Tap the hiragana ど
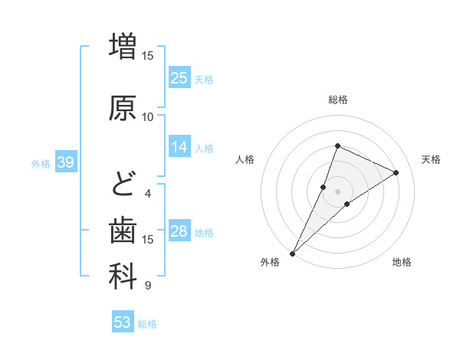pos(123,185)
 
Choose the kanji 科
pos(123,277)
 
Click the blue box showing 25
pos(179,77)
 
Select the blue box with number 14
pos(179,147)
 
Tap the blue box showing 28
pos(179,231)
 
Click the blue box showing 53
pos(123,322)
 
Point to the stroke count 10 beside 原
pos(148,117)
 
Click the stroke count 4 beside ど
pos(148,194)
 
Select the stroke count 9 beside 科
pos(148,286)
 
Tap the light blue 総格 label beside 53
pos(147,324)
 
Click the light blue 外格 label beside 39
pos(41,163)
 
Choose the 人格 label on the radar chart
pos(245,159)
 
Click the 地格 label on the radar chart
pos(402,262)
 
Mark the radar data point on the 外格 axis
pos(293,253)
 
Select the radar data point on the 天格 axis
pos(396,172)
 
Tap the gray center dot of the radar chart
pos(337,191)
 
